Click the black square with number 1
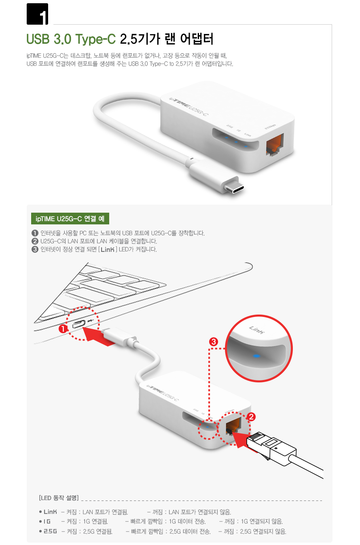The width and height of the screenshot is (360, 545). pyautogui.click(x=37, y=14)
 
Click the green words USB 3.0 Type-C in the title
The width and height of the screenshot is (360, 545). pyautogui.click(x=71, y=39)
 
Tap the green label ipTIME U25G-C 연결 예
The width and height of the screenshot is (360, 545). pyautogui.click(x=70, y=218)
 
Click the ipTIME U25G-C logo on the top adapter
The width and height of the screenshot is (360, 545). pyautogui.click(x=188, y=106)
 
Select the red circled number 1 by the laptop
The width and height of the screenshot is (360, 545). pyautogui.click(x=63, y=329)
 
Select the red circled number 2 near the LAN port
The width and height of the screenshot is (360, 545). pyautogui.click(x=251, y=417)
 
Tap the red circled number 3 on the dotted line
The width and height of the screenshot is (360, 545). pyautogui.click(x=214, y=342)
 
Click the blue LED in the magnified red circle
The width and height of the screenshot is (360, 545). pyautogui.click(x=256, y=356)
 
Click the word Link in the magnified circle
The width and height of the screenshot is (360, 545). pyautogui.click(x=256, y=330)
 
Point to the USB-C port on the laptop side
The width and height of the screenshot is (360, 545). pyautogui.click(x=79, y=324)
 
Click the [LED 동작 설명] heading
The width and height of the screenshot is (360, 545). pyautogui.click(x=59, y=498)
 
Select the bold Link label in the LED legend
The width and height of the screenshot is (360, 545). pyautogui.click(x=50, y=512)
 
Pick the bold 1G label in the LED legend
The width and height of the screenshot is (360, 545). pyautogui.click(x=47, y=522)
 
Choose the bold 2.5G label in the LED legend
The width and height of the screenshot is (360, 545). pyautogui.click(x=50, y=531)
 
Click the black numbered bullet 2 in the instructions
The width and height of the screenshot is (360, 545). pyautogui.click(x=35, y=241)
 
